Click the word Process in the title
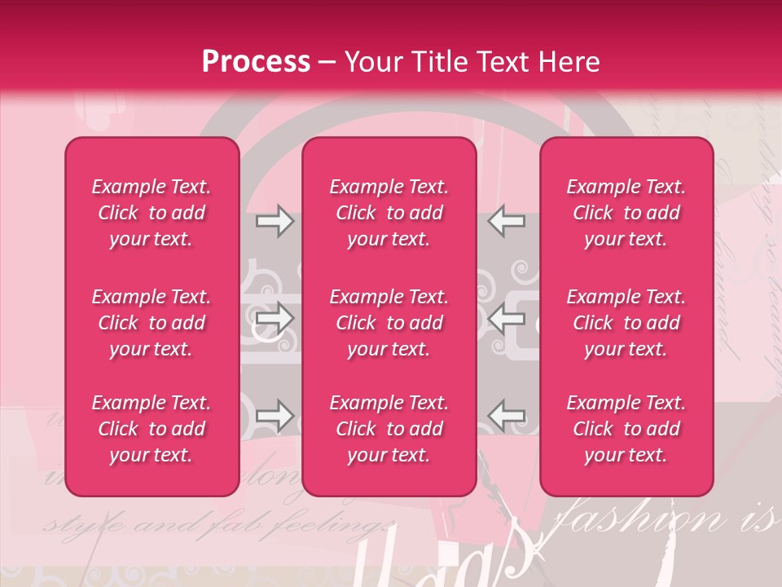click(256, 62)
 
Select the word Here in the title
click(569, 62)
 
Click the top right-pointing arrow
click(275, 221)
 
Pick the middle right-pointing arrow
click(275, 319)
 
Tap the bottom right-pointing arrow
click(275, 416)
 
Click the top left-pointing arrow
click(506, 221)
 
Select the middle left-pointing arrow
click(506, 319)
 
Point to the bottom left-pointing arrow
click(506, 416)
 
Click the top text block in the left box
click(152, 213)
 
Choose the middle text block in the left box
click(152, 323)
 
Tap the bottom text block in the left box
click(152, 429)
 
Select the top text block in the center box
click(389, 213)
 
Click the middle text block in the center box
click(389, 323)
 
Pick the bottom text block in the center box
click(389, 429)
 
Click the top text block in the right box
click(626, 213)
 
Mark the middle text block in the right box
click(626, 323)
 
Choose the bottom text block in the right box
click(626, 429)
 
